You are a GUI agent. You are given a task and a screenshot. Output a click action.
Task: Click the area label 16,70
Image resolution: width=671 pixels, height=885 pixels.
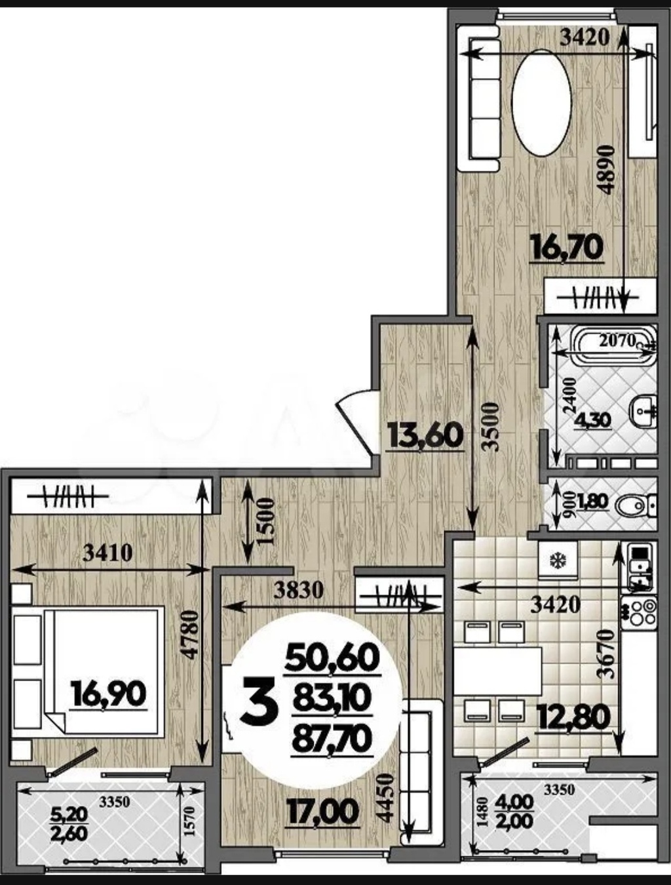point(567,248)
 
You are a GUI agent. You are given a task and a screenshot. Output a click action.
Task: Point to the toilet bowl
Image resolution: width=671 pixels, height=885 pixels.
point(636,506)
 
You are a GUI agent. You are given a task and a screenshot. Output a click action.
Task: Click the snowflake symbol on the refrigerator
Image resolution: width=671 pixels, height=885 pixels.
point(558,560)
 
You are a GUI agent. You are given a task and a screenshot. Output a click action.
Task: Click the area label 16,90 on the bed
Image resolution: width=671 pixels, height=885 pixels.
point(108,693)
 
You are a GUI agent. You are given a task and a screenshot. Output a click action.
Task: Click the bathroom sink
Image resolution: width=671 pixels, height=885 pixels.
point(644,410)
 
